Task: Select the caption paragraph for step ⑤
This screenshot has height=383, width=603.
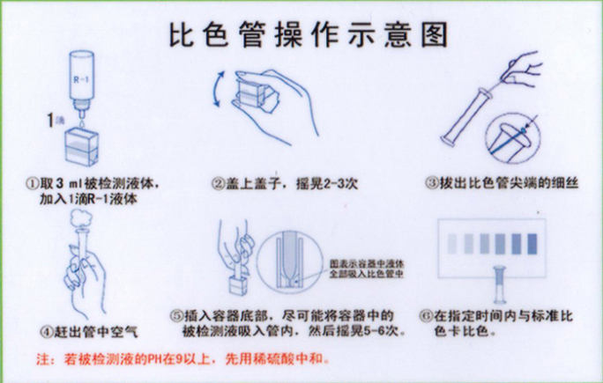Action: coord(289,322)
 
